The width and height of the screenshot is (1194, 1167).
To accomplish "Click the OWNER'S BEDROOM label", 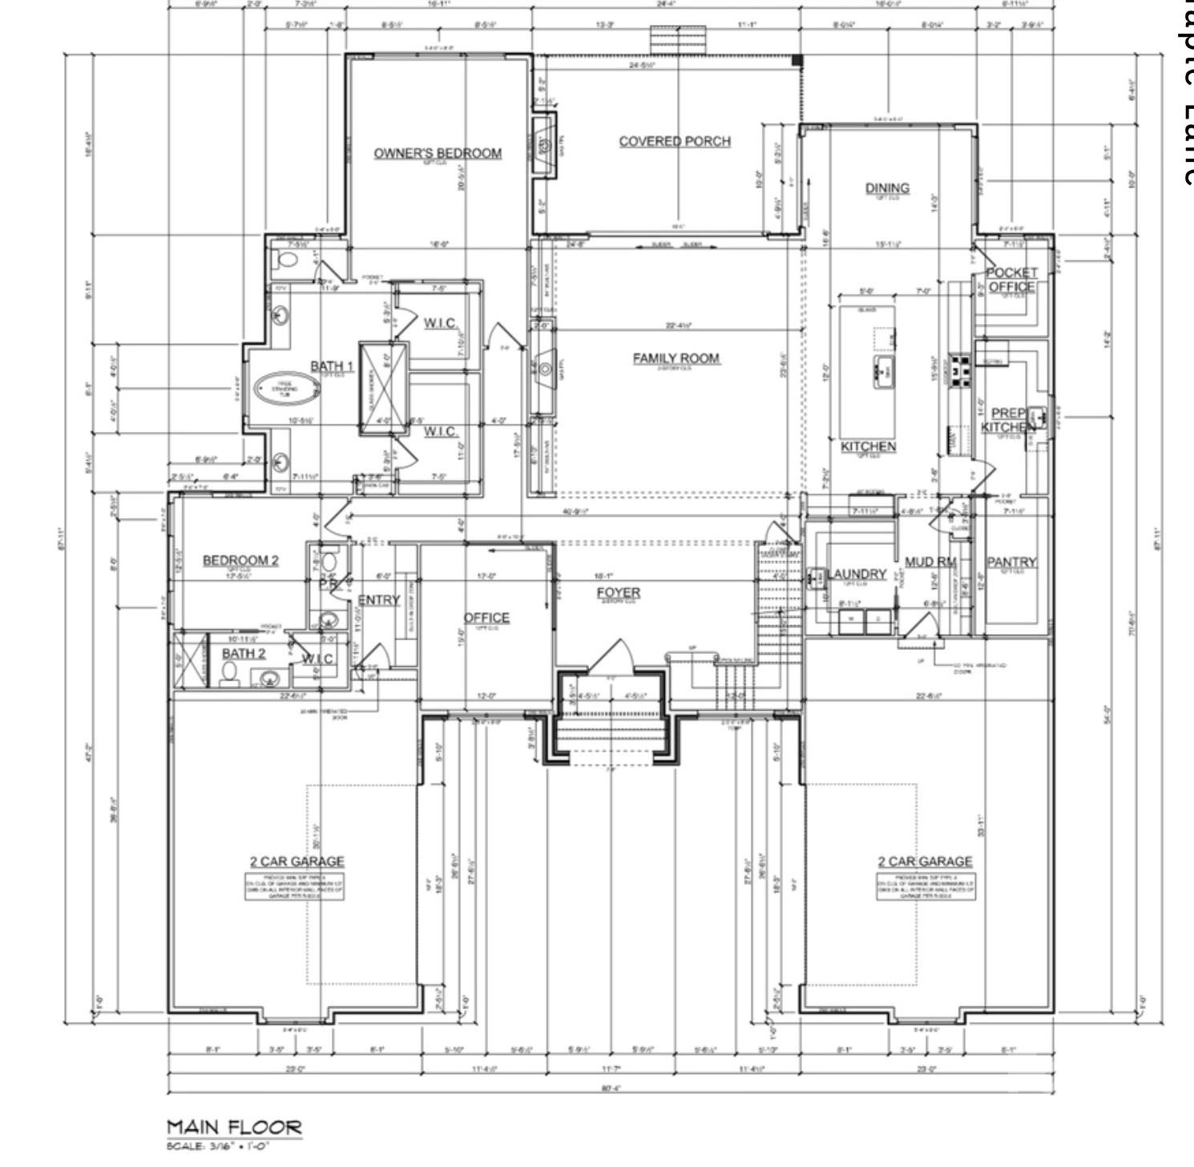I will [438, 153].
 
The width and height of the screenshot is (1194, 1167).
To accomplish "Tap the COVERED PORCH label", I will [675, 141].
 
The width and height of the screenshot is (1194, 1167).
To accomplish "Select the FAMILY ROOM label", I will [676, 358].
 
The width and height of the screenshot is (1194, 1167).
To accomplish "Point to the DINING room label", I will [887, 188].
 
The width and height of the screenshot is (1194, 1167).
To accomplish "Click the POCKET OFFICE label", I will [1011, 280].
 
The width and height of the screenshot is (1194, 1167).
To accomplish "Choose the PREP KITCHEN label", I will [1008, 420].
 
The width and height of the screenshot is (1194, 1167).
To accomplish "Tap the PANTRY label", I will [1011, 562].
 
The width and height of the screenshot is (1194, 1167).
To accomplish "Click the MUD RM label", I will [930, 562].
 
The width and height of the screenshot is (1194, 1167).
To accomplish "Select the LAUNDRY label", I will [857, 574].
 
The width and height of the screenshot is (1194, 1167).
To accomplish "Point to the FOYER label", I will [619, 592].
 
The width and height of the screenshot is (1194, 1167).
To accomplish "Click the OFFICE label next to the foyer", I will [486, 617].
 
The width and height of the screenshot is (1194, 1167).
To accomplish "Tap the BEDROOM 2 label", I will [240, 559].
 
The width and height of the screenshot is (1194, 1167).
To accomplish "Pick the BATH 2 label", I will [244, 653].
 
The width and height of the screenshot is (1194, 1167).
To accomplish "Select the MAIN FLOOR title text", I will [235, 1127].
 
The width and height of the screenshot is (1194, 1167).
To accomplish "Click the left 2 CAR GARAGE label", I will [296, 862].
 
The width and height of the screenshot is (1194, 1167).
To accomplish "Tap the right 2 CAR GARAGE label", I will [925, 862].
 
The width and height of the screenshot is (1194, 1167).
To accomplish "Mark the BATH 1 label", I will [332, 366].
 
